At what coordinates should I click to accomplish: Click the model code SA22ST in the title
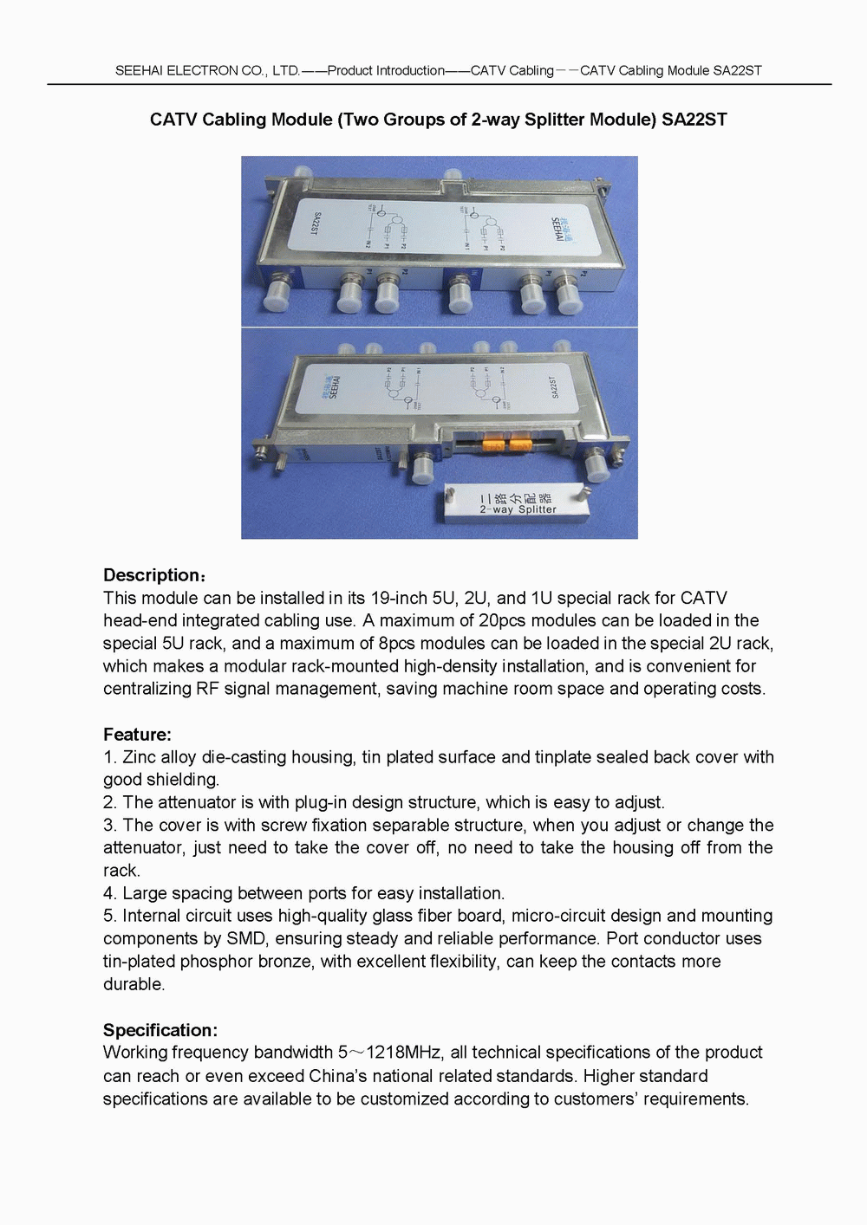694,120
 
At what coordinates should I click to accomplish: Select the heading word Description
152,575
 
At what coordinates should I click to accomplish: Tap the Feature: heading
137,735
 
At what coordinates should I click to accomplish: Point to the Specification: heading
160,1030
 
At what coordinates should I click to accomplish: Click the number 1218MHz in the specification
404,1053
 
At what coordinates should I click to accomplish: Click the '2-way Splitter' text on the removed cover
518,509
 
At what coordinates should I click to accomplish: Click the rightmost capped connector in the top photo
569,297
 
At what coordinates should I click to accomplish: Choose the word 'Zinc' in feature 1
139,757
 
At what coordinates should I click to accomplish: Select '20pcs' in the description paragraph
502,620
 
